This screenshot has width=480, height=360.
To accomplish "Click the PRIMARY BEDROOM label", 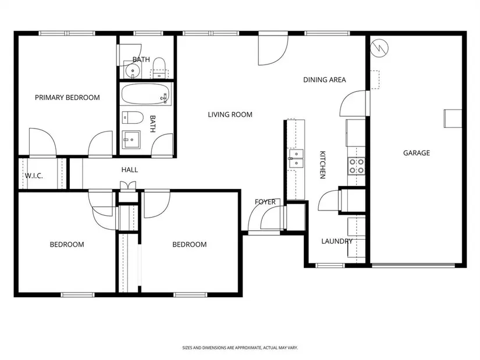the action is pyautogui.click(x=67, y=98).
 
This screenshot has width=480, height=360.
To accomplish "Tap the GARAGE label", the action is pyautogui.click(x=417, y=153).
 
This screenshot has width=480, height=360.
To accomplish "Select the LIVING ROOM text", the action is pyautogui.click(x=230, y=115).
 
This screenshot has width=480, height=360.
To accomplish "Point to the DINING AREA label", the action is pyautogui.click(x=325, y=80).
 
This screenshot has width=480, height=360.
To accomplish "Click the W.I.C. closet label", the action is pyautogui.click(x=34, y=176).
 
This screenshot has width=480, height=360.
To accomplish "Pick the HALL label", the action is pyautogui.click(x=130, y=170).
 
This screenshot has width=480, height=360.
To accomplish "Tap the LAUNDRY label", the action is pyautogui.click(x=337, y=241).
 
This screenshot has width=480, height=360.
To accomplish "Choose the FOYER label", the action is pyautogui.click(x=265, y=202).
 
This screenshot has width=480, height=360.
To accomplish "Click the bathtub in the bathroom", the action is pyautogui.click(x=145, y=94).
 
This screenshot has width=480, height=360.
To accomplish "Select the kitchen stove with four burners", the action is pyautogui.click(x=356, y=166).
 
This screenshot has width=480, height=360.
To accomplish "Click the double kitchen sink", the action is pyautogui.click(x=296, y=159).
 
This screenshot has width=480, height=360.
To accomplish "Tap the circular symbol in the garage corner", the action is pyautogui.click(x=379, y=48).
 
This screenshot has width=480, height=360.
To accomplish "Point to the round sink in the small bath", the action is pyautogui.click(x=133, y=71).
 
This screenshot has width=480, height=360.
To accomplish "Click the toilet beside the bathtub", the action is pyautogui.click(x=133, y=117).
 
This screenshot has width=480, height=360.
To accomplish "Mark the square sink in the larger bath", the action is pyautogui.click(x=131, y=140).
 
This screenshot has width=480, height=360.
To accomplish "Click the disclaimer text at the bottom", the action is pyautogui.click(x=240, y=348).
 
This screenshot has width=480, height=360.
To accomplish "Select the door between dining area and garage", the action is pyautogui.click(x=367, y=103).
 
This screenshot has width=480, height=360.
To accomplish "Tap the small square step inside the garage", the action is pyautogui.click(x=453, y=119).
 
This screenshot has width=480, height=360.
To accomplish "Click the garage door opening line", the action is pyautogui.click(x=413, y=265).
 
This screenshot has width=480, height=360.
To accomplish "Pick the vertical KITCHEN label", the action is pyautogui.click(x=323, y=165).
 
